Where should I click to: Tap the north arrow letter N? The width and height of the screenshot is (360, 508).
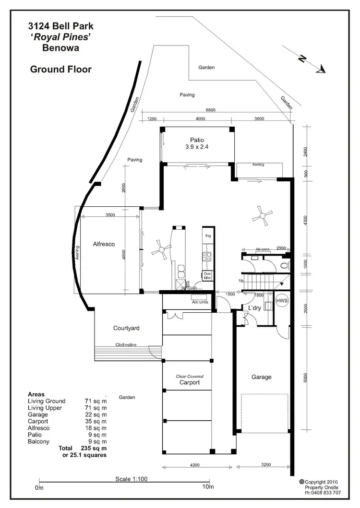tap(302, 59)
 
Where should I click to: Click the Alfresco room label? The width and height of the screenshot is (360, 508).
tap(104, 244)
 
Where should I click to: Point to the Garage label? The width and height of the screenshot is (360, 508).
tap(262, 377)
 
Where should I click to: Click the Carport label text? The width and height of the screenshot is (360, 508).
tap(189, 383)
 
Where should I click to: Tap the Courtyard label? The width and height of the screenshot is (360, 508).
tap(126, 328)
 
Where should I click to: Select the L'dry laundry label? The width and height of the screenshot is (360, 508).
tap(254, 308)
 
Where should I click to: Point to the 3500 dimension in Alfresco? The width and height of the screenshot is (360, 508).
tap(110, 215)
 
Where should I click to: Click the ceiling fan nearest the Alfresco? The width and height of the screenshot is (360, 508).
tap(161, 249)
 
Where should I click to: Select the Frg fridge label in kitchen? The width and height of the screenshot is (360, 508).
tap(208, 236)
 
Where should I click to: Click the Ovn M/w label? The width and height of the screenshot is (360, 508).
tap(208, 276)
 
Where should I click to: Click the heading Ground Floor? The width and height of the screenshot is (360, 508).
tap(60, 70)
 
